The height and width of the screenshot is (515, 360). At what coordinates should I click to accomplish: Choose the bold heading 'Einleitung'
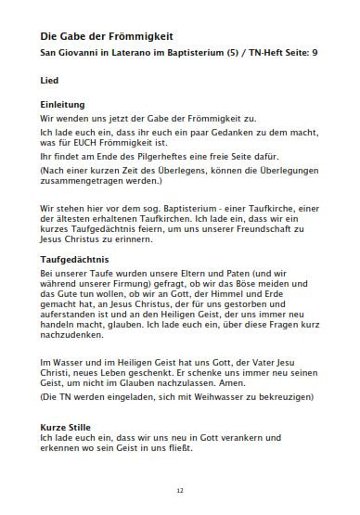coord(62,105)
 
